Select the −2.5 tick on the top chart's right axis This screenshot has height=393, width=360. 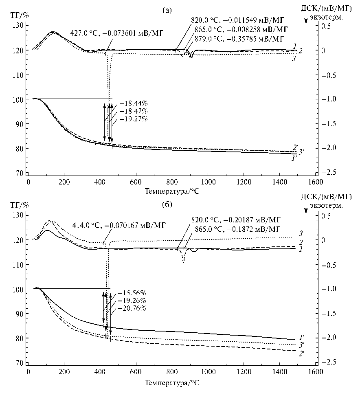[328, 173]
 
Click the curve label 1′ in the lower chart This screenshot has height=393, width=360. [303, 337]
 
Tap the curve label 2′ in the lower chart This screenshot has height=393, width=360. [303, 353]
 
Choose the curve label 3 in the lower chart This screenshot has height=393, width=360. [301, 234]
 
